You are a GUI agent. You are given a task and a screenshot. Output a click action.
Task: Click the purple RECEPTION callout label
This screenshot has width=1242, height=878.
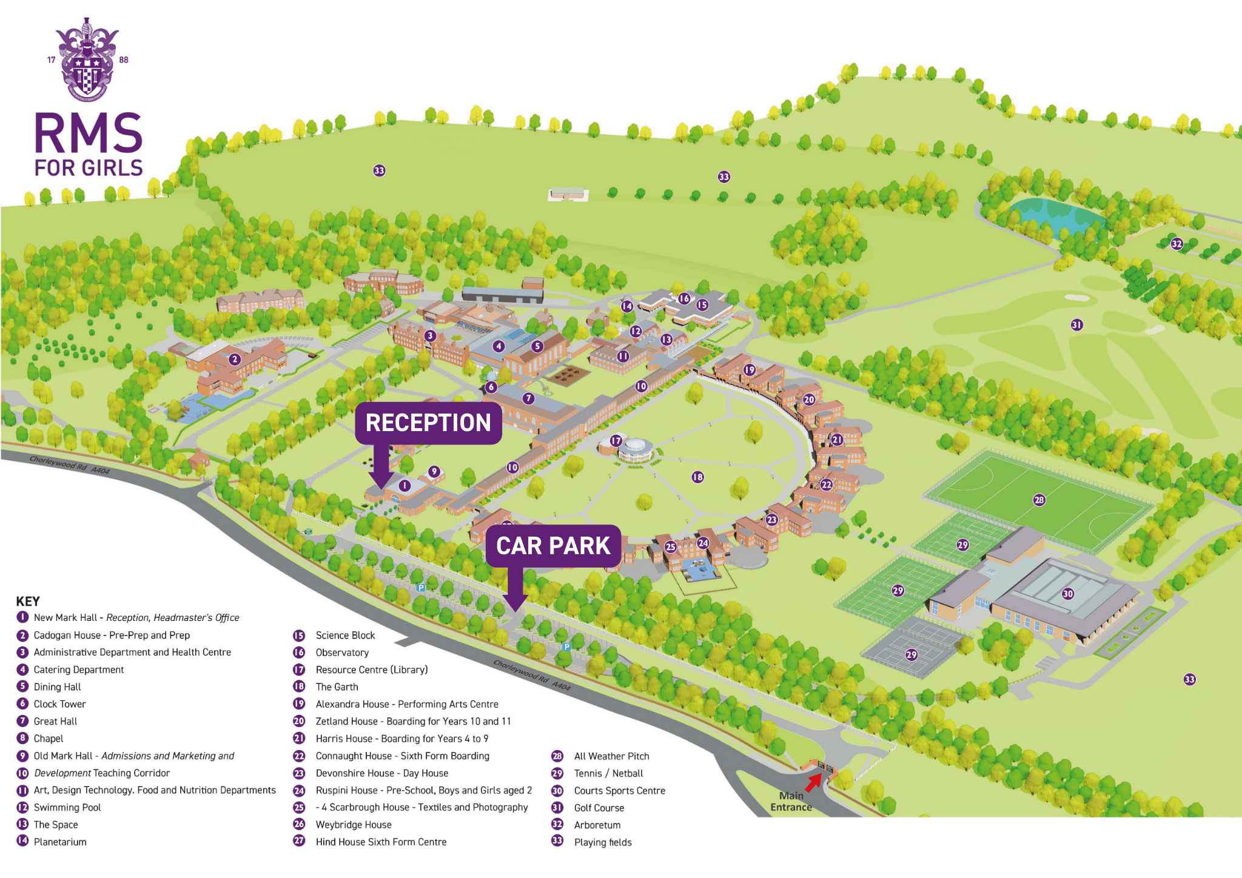[x=428, y=423]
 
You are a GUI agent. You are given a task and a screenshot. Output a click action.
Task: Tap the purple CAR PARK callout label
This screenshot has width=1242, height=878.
[x=553, y=546]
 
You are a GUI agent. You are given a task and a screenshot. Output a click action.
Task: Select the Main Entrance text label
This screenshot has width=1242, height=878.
[x=791, y=802]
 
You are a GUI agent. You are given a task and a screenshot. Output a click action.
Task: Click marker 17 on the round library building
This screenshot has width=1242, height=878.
[x=616, y=441]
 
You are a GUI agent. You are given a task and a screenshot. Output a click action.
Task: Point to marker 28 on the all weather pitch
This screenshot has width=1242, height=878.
[x=1039, y=500]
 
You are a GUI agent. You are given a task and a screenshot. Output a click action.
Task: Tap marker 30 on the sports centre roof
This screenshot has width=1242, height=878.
[x=1068, y=594]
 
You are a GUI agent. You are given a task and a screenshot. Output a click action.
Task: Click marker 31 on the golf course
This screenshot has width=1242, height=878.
[x=1077, y=325]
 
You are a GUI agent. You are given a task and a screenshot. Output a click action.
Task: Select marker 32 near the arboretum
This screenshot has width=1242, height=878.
[x=1177, y=244]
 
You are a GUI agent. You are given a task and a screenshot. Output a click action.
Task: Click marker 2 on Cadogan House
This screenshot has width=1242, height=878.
[x=235, y=360]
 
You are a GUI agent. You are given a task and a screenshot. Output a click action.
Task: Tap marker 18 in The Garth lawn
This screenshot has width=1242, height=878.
[x=698, y=477]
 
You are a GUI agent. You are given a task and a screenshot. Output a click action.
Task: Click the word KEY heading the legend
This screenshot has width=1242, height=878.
[x=28, y=602]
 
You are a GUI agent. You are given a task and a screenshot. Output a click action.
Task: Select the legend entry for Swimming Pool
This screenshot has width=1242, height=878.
[x=67, y=808]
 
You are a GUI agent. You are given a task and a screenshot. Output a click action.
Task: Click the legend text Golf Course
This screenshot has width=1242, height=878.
[x=599, y=808]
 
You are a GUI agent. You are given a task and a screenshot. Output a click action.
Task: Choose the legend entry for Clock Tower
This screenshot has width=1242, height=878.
[x=59, y=704]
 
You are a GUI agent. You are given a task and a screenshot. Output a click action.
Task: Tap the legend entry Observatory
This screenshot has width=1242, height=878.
[x=342, y=652]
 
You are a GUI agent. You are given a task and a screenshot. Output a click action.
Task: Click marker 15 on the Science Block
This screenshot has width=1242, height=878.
[x=702, y=305]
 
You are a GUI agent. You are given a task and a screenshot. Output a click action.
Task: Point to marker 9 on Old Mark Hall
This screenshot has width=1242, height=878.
[x=434, y=472]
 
